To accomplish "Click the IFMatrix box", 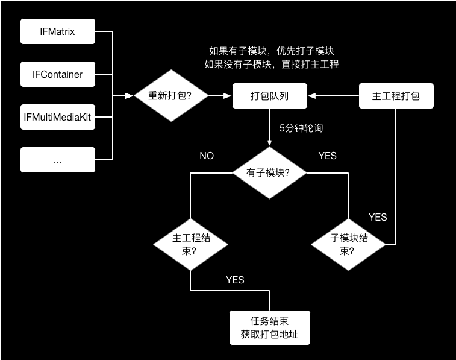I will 58,31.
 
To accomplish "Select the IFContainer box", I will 58,75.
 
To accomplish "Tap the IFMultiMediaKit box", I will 58,117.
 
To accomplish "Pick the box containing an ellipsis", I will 58,160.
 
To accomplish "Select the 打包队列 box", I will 270,96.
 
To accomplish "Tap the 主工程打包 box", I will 396,96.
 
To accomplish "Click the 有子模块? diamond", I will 269,172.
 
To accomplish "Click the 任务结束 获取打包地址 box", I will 269,327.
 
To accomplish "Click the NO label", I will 207,156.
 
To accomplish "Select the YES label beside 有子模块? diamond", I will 327,156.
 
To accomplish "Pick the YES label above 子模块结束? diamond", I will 378,217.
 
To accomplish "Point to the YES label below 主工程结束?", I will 235,280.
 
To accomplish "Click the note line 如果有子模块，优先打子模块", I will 271,52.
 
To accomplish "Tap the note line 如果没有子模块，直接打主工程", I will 271,65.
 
